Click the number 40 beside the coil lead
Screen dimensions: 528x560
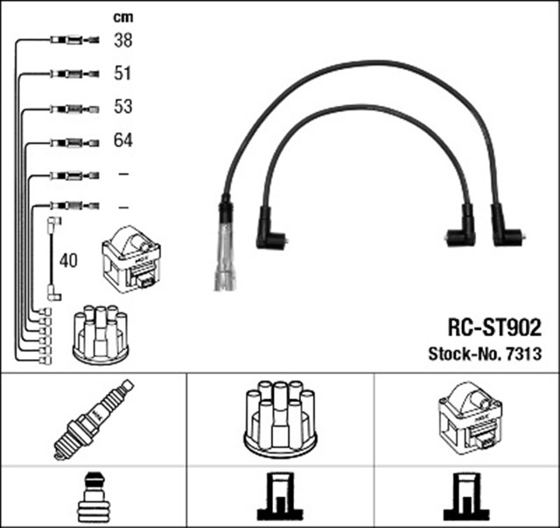68,260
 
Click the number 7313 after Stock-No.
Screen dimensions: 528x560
523,354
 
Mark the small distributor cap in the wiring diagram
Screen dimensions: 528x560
100,334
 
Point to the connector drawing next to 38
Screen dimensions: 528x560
67,39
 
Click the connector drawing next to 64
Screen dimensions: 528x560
67,140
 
